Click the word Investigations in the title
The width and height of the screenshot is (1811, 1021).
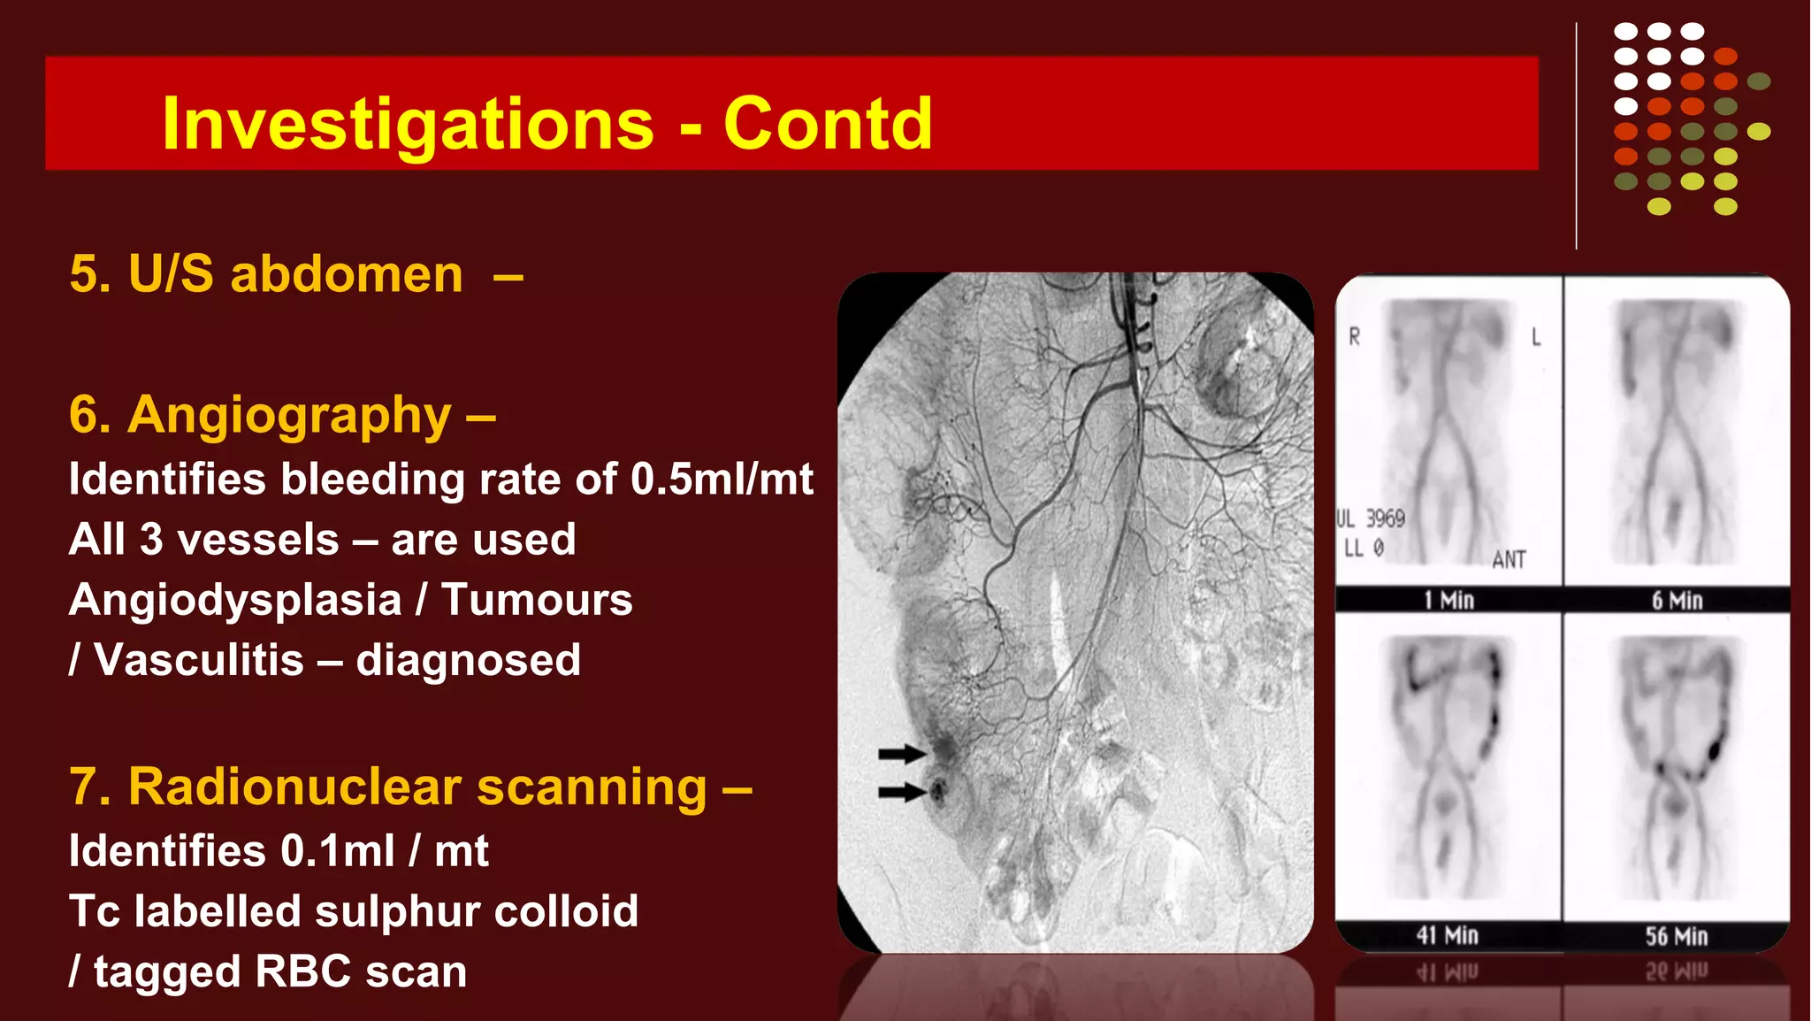pyautogui.click(x=408, y=124)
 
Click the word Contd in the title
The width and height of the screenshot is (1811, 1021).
pyautogui.click(x=828, y=124)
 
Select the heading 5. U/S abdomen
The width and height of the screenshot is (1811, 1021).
pyautogui.click(x=266, y=273)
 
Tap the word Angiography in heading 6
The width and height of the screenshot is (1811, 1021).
pyautogui.click(x=289, y=415)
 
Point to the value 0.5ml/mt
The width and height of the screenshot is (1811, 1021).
pyautogui.click(x=722, y=480)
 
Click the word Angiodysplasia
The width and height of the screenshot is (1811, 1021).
pyautogui.click(x=235, y=600)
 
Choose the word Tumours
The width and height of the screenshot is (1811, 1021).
pyautogui.click(x=537, y=600)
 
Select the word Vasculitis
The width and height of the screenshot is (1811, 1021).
pyautogui.click(x=199, y=660)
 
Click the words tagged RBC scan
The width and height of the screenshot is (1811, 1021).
pyautogui.click(x=280, y=971)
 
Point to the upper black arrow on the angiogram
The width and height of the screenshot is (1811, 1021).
pyautogui.click(x=901, y=754)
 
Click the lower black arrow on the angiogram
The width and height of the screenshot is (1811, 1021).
pyautogui.click(x=901, y=792)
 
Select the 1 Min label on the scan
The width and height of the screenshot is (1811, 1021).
pyautogui.click(x=1448, y=600)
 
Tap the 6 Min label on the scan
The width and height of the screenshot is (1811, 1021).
pyautogui.click(x=1677, y=600)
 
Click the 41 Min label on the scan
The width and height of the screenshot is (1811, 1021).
pyautogui.click(x=1447, y=935)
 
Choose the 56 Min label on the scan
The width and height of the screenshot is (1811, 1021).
pyautogui.click(x=1676, y=936)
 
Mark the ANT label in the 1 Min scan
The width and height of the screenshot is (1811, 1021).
pyautogui.click(x=1509, y=559)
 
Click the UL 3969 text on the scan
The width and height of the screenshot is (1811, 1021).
pyautogui.click(x=1372, y=518)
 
